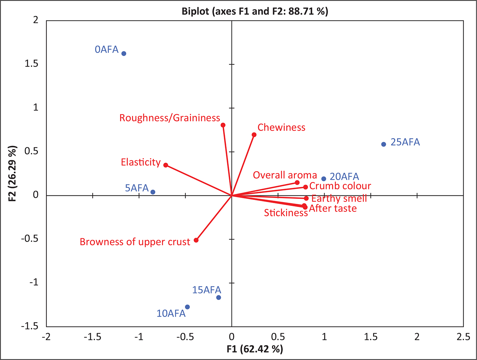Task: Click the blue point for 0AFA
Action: point(124,54)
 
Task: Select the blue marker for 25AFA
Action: point(384,144)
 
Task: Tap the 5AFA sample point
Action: point(153,192)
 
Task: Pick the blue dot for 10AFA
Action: point(187,307)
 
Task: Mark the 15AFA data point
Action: point(219,297)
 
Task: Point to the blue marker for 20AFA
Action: point(324,179)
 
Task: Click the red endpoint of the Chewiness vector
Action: point(254,135)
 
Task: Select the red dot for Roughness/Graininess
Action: point(223,125)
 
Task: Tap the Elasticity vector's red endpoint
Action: point(165,165)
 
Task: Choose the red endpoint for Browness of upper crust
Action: point(196,240)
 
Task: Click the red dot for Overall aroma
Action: point(297,183)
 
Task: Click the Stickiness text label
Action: point(286,213)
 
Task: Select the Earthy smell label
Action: point(339,199)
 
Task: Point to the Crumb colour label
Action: point(340,186)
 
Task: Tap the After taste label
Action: point(333,208)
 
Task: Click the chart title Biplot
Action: point(255,11)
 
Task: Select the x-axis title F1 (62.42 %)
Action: point(255,349)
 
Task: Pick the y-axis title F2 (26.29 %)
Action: point(13,173)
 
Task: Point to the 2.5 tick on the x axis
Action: point(463,337)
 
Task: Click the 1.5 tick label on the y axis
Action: point(31,64)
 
